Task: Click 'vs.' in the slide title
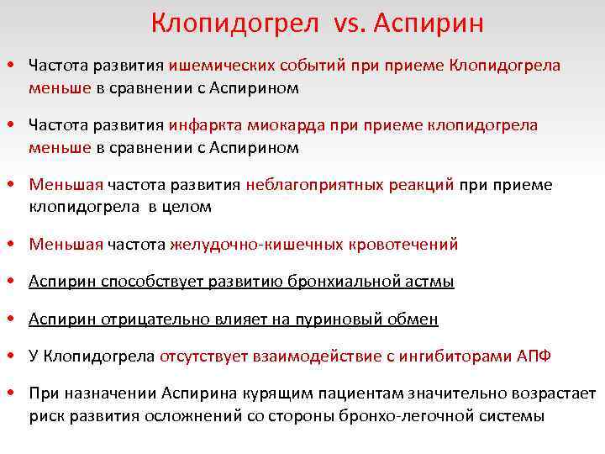346,23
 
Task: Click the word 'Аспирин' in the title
425,23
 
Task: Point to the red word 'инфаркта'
206,125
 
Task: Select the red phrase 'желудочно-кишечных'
238,245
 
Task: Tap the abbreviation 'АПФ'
532,356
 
